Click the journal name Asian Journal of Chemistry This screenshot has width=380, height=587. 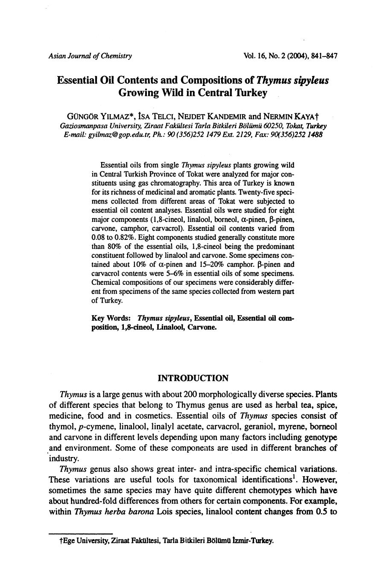(x=90, y=56)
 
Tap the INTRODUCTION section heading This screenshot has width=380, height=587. (x=193, y=378)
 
